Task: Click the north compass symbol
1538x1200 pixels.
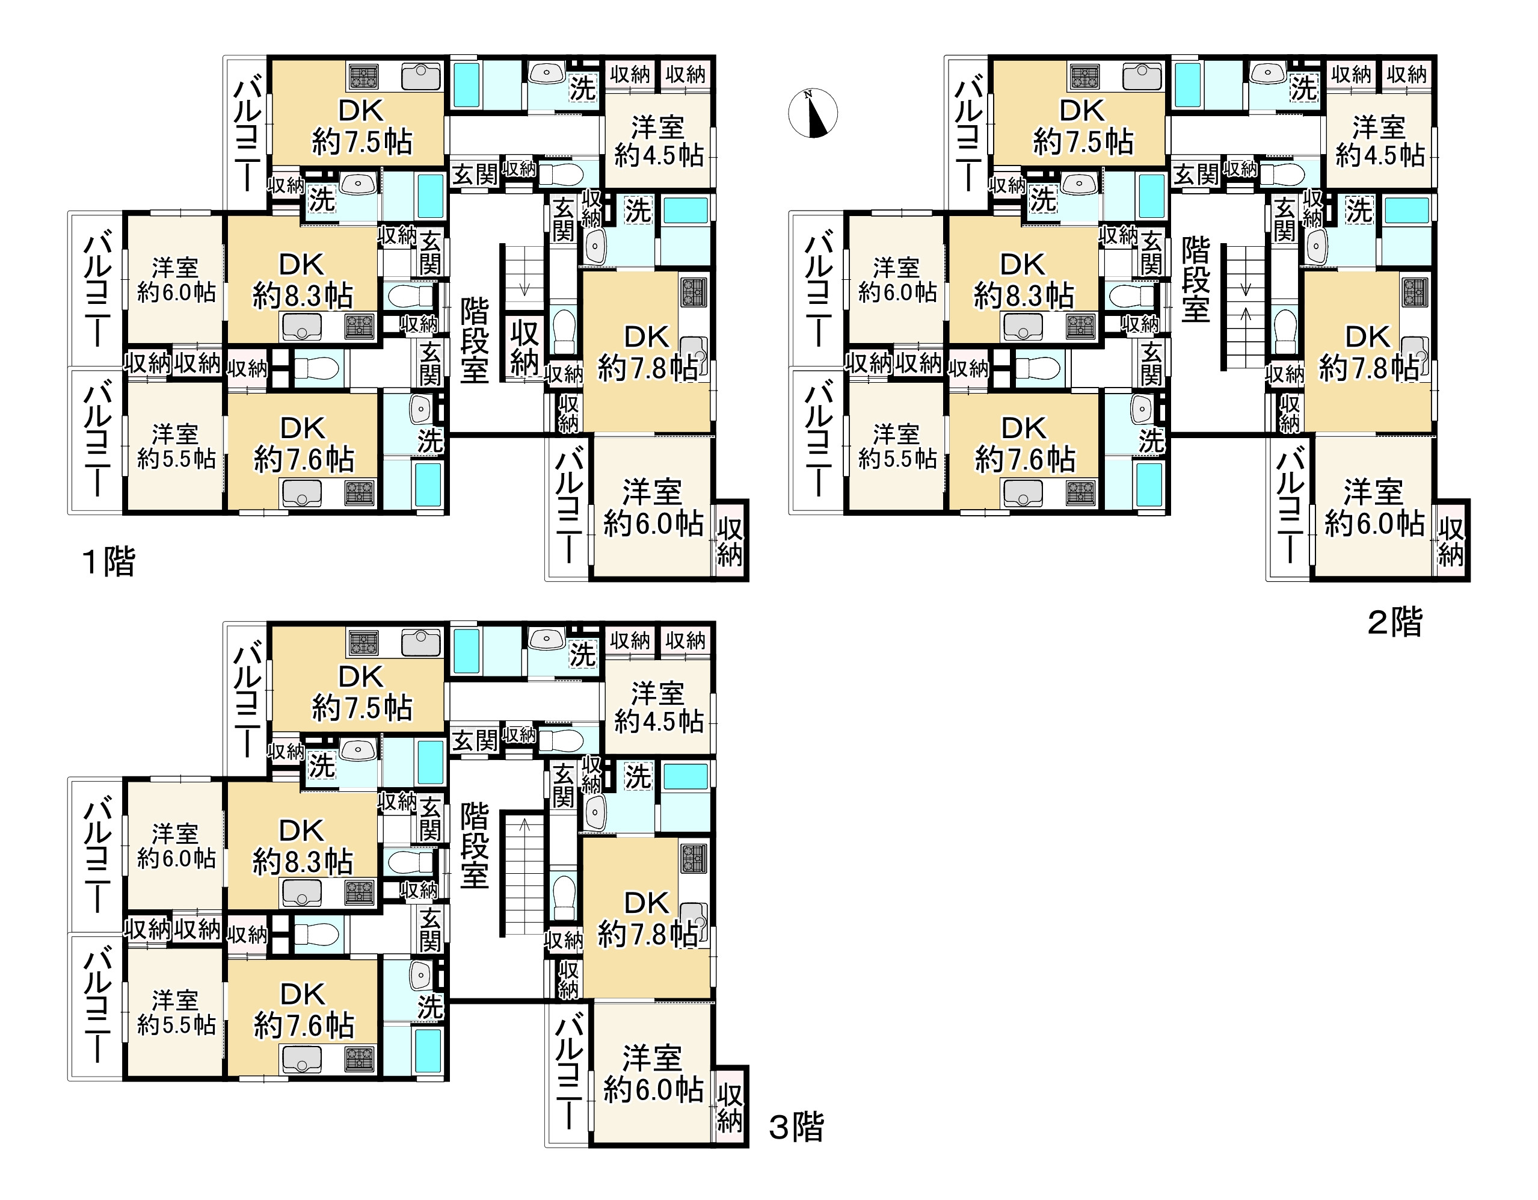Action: coord(813,113)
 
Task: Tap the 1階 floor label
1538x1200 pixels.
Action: coord(108,562)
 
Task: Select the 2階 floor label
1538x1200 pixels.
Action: coord(1394,622)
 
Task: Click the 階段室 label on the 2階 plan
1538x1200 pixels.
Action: coord(1196,279)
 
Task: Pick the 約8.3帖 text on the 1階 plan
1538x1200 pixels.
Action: coord(303,296)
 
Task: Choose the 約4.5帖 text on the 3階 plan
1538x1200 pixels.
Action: coord(659,722)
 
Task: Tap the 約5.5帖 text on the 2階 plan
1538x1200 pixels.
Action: coord(897,459)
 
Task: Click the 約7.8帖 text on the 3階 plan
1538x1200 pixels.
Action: coord(648,935)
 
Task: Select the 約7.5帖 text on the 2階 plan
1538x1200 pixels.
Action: coord(1083,143)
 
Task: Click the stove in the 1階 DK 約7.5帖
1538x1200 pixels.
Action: coord(363,76)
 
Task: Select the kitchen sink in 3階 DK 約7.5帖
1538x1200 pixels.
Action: coord(421,643)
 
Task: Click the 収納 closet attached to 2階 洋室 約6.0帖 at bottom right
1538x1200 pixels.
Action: coord(1451,541)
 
